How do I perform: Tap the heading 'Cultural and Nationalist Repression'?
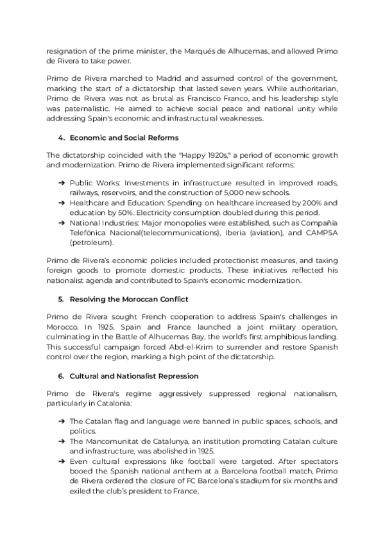[133, 375]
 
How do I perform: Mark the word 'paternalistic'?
[73, 109]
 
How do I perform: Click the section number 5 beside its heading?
[60, 299]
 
